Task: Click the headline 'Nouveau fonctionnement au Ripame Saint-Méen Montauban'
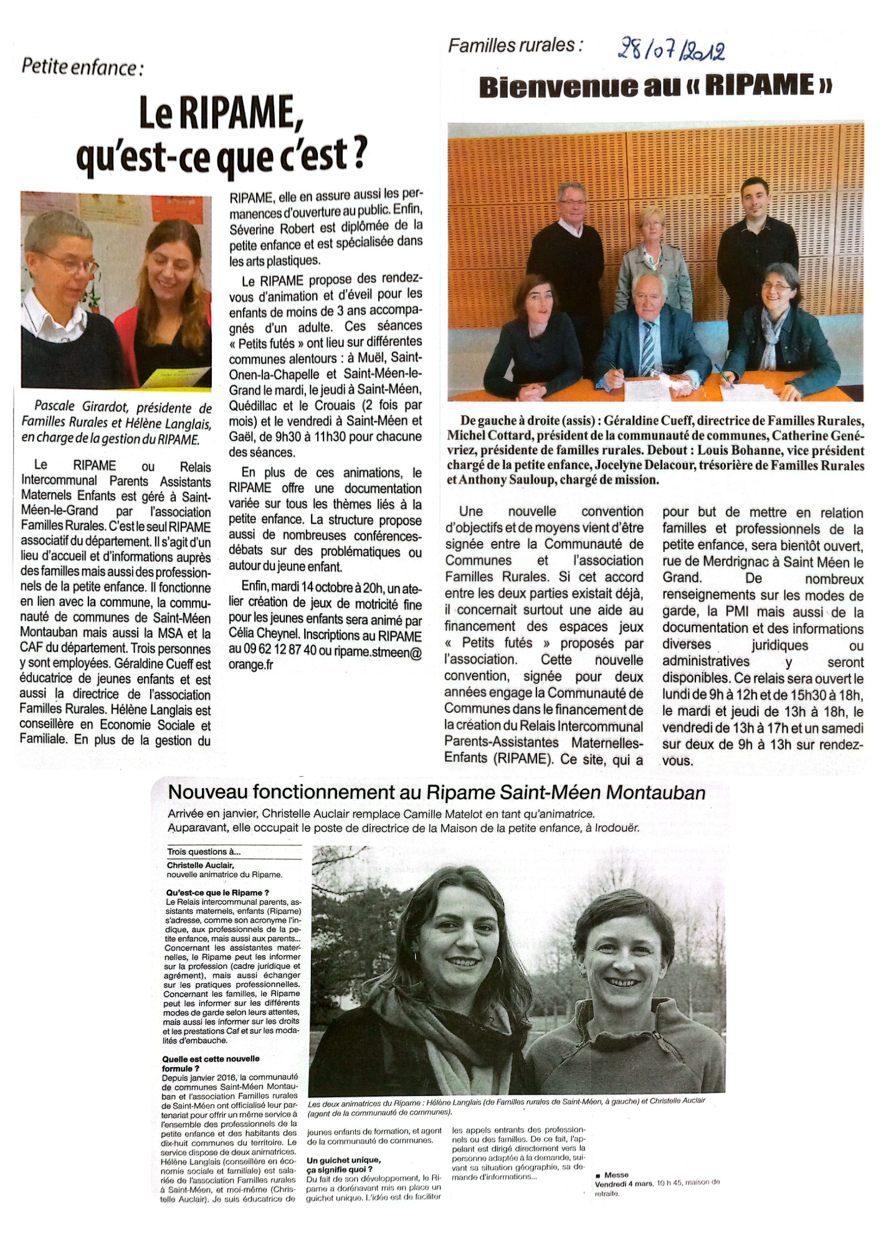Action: tap(437, 792)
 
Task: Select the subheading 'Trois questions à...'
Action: tap(204, 852)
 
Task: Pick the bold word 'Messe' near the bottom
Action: tap(616, 1175)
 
